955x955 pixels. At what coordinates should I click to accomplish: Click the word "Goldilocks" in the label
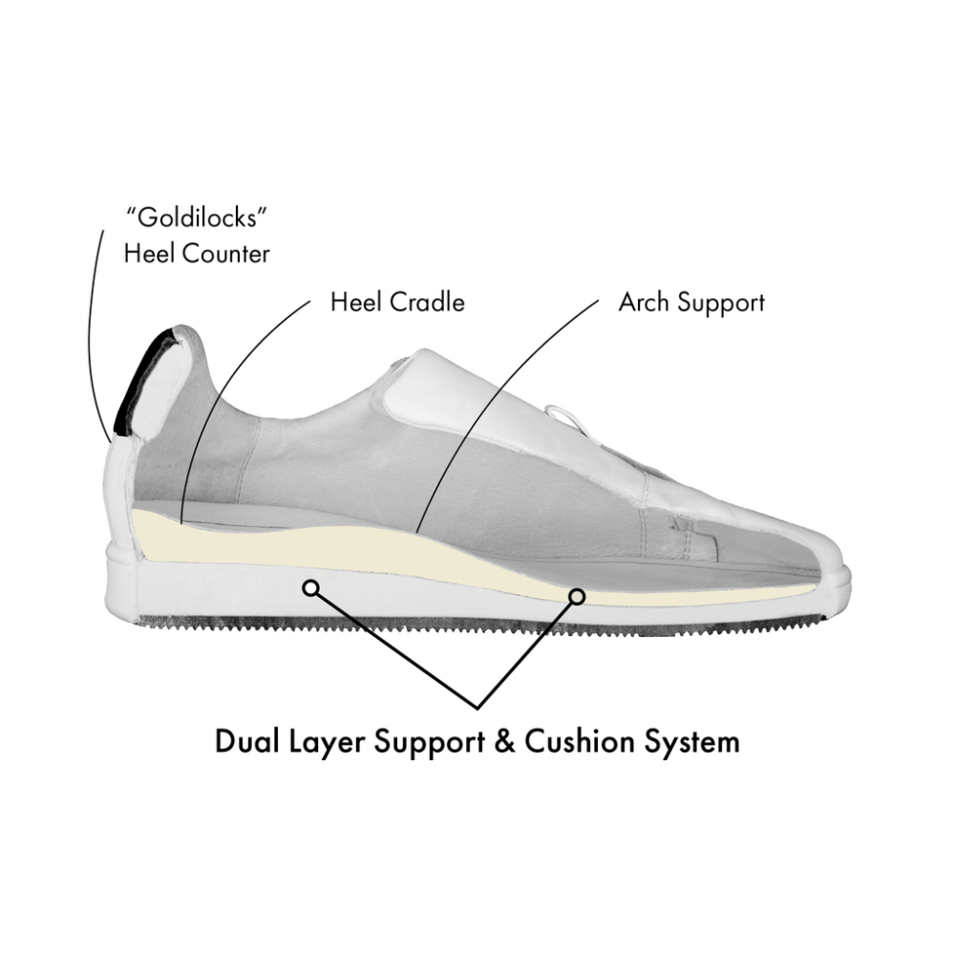click(x=197, y=218)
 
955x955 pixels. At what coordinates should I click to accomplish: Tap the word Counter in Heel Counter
click(x=226, y=254)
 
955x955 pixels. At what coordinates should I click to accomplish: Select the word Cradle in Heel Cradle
click(x=427, y=302)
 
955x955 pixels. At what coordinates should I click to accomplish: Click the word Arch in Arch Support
click(x=645, y=302)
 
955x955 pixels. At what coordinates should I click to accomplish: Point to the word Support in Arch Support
click(x=721, y=304)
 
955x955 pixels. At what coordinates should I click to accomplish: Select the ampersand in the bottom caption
click(x=505, y=742)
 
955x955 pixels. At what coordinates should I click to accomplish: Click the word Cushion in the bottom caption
click(x=580, y=742)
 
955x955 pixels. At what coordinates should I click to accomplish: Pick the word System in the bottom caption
click(x=692, y=744)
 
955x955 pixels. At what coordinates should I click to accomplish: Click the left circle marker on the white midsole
click(x=311, y=587)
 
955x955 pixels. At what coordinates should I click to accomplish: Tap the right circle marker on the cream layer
click(x=577, y=596)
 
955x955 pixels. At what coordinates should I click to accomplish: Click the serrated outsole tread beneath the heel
click(x=201, y=623)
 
